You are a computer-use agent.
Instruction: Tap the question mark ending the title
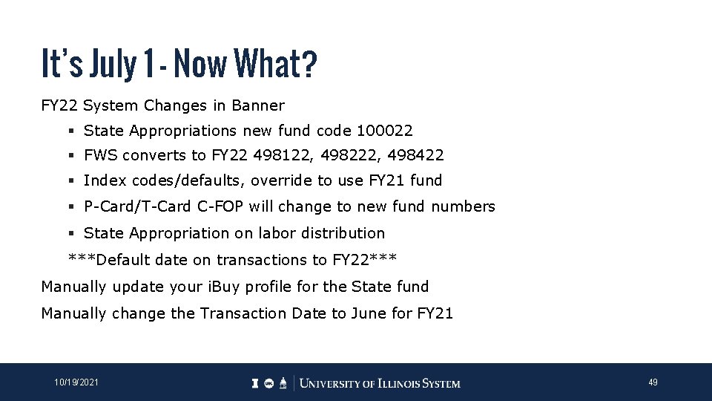click(x=309, y=64)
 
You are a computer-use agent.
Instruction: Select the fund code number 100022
click(x=384, y=131)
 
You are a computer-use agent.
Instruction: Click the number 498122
click(x=278, y=155)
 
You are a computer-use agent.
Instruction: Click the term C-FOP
click(x=221, y=206)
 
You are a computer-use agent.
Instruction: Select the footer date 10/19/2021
click(x=76, y=382)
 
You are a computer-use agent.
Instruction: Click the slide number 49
click(x=653, y=382)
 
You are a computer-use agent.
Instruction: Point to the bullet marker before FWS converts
click(x=71, y=156)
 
